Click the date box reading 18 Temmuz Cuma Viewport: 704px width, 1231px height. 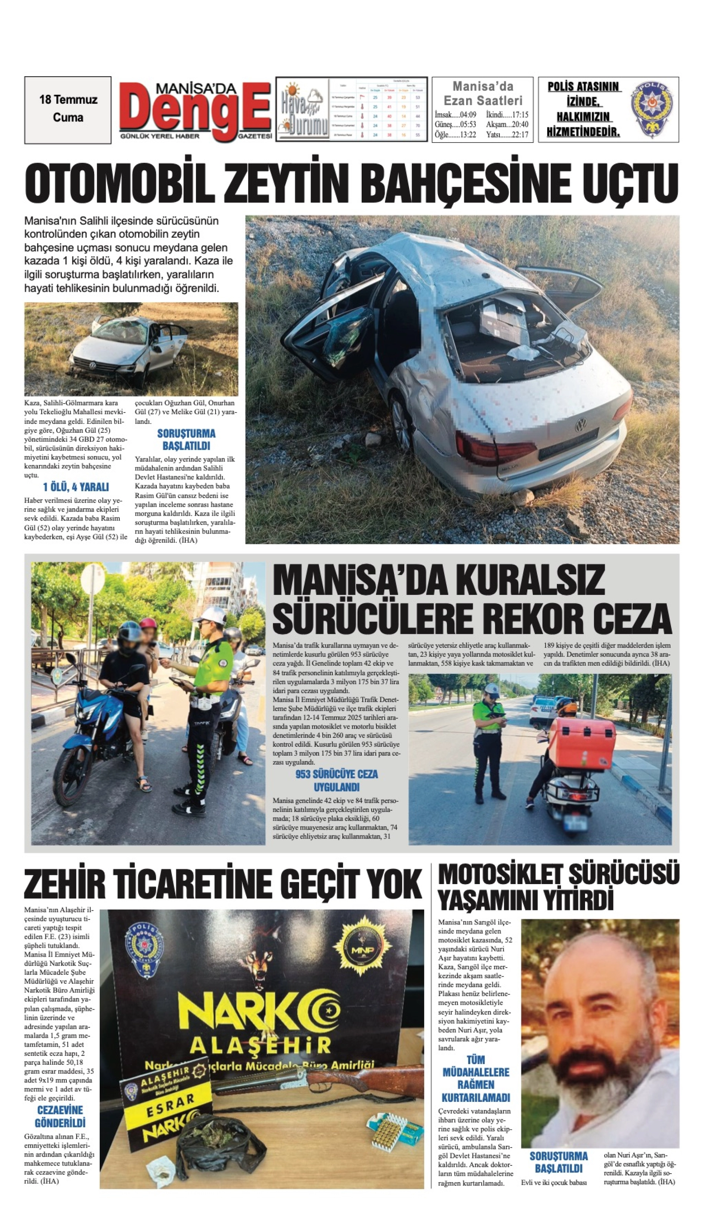coord(68,109)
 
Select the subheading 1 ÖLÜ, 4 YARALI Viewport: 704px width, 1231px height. coord(76,486)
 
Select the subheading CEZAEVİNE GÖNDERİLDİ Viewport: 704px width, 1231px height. coord(60,1117)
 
